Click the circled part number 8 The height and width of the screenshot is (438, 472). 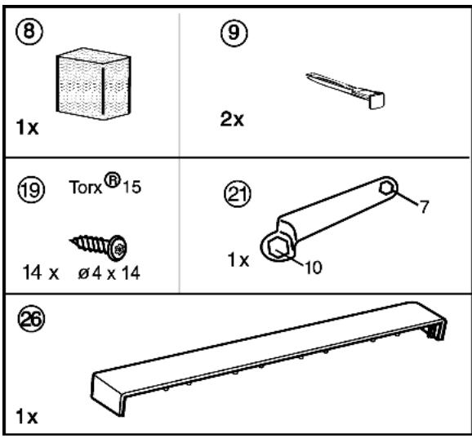click(x=29, y=31)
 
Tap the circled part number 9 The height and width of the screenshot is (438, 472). click(x=234, y=33)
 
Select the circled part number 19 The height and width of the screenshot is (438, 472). click(x=32, y=189)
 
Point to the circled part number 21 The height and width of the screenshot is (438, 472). click(x=238, y=194)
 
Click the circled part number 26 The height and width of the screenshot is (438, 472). click(x=32, y=319)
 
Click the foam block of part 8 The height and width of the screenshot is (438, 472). click(x=93, y=83)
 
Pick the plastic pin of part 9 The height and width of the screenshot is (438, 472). click(x=345, y=90)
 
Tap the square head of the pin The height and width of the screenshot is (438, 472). click(x=377, y=100)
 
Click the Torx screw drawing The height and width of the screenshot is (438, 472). click(x=99, y=247)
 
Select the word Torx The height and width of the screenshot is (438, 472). click(x=86, y=188)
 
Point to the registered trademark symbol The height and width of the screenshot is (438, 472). click(x=112, y=180)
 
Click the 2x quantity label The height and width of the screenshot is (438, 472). click(x=232, y=119)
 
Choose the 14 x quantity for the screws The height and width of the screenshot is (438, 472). click(x=41, y=272)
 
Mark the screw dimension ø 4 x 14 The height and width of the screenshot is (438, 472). click(x=109, y=273)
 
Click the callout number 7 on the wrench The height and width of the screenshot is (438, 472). click(x=424, y=206)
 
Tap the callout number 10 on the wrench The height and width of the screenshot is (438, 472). click(x=314, y=267)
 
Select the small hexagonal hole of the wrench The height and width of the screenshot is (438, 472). click(x=387, y=188)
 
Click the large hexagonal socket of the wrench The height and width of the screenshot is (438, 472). click(x=279, y=248)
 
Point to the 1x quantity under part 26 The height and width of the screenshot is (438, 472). click(x=26, y=416)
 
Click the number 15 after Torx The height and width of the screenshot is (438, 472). click(x=131, y=187)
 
